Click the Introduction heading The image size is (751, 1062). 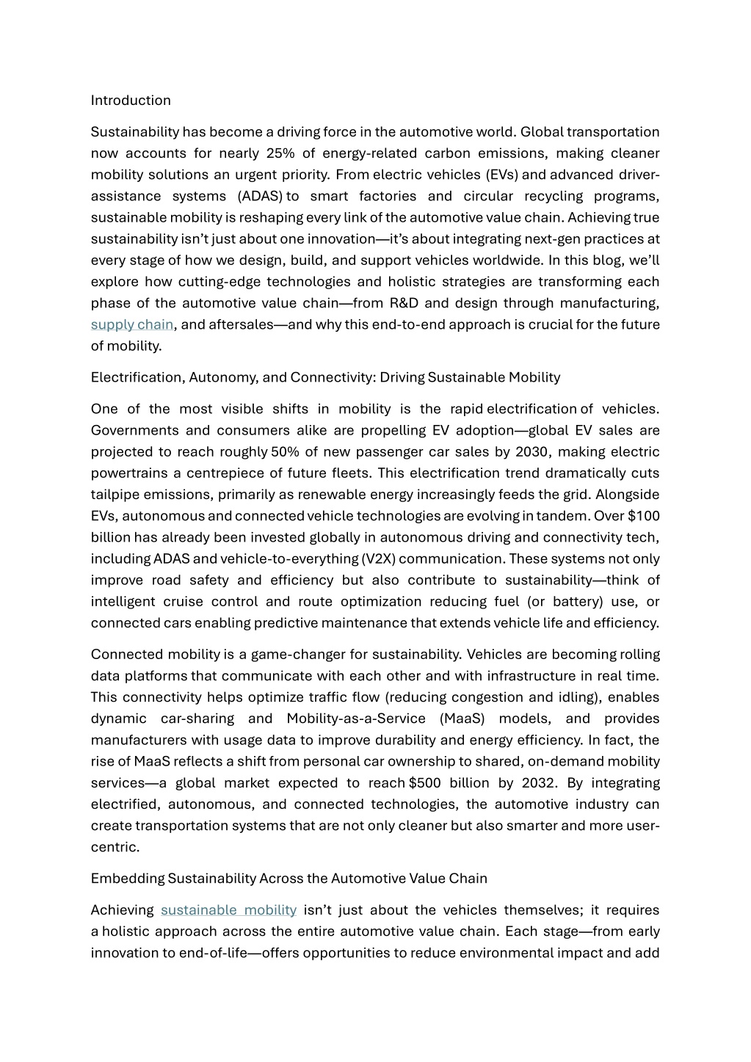click(131, 101)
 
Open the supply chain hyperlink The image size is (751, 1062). click(132, 324)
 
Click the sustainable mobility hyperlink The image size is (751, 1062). click(228, 910)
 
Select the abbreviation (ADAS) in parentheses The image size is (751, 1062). click(261, 196)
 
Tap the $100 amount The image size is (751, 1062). click(644, 516)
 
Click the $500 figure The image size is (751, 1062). click(425, 783)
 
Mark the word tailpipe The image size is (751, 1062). click(116, 495)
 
